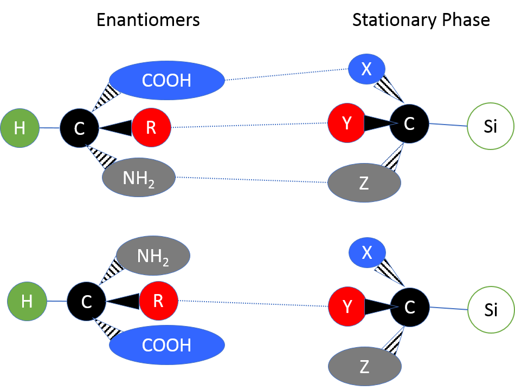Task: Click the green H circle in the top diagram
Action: (x=20, y=128)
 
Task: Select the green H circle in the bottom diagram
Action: (x=27, y=301)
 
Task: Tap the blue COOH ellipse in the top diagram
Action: (x=167, y=81)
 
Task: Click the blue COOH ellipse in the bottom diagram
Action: (x=167, y=344)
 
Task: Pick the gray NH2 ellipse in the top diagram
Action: (x=139, y=178)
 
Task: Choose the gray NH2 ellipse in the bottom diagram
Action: (x=153, y=256)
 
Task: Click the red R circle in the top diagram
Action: (x=151, y=128)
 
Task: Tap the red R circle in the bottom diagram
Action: (x=158, y=301)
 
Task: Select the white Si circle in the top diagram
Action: (x=491, y=126)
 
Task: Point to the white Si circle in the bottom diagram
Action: (x=491, y=309)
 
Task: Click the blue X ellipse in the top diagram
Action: (x=366, y=69)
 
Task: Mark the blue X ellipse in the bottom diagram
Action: (x=367, y=252)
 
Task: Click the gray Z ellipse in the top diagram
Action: (x=364, y=183)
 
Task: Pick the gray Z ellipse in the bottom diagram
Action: (x=364, y=367)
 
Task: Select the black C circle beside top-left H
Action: (x=79, y=128)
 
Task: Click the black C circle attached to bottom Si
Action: (x=409, y=307)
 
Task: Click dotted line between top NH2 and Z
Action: (x=252, y=179)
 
